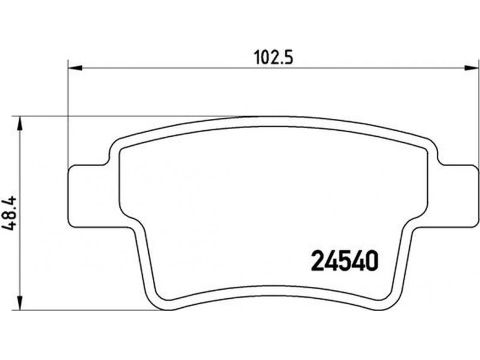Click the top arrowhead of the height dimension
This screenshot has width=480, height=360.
click(x=20, y=124)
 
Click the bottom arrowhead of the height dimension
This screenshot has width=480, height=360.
click(x=20, y=303)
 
